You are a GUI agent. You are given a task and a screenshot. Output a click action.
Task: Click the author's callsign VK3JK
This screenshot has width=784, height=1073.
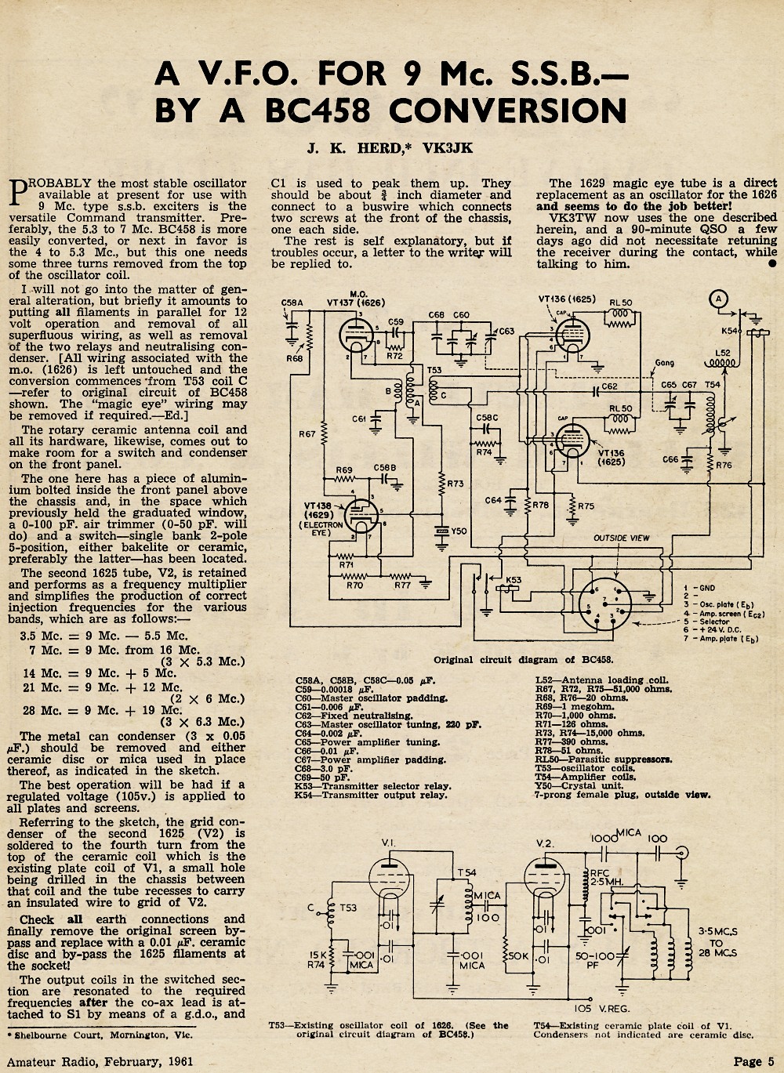click(x=447, y=148)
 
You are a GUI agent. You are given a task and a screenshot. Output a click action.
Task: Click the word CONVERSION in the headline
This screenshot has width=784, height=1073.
click(x=507, y=111)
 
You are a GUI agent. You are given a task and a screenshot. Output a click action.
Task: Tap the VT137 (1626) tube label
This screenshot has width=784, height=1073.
click(x=356, y=303)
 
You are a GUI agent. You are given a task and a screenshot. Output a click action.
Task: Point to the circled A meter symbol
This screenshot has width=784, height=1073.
click(x=718, y=299)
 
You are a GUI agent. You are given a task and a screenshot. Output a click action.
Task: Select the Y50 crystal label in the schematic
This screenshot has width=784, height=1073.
click(x=459, y=531)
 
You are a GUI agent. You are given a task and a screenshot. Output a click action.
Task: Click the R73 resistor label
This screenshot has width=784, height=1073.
click(x=456, y=484)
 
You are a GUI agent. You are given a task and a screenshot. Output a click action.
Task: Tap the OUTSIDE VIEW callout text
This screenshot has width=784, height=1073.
click(x=622, y=538)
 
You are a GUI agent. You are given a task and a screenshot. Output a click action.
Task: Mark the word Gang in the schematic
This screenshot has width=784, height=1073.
click(x=666, y=363)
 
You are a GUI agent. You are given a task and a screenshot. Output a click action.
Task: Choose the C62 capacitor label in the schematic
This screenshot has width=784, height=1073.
click(x=610, y=386)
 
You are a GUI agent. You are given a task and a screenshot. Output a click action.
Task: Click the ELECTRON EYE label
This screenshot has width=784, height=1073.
click(x=321, y=528)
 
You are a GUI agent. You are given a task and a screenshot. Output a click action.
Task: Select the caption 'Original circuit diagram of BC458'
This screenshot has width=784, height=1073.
click(x=523, y=660)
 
